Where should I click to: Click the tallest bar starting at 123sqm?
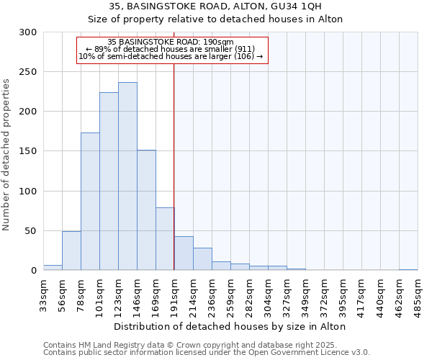pyautogui.click(x=127, y=176)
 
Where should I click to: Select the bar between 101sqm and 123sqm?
pyautogui.click(x=109, y=181)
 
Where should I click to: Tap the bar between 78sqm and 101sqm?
pyautogui.click(x=90, y=202)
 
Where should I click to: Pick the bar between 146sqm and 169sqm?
pyautogui.click(x=146, y=210)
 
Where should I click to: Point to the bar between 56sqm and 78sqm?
pyautogui.click(x=71, y=251)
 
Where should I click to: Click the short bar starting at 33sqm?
pyautogui.click(x=53, y=268)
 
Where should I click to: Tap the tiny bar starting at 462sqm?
pyautogui.click(x=408, y=270)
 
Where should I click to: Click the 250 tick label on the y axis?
pyautogui.click(x=27, y=72)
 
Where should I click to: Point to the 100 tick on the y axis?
pyautogui.click(x=27, y=192)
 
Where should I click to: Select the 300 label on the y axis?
pyautogui.click(x=27, y=32)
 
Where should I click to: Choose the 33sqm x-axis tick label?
pyautogui.click(x=44, y=294)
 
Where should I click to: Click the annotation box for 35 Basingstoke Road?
pyautogui.click(x=171, y=50)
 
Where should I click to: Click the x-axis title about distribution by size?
pyautogui.click(x=230, y=326)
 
